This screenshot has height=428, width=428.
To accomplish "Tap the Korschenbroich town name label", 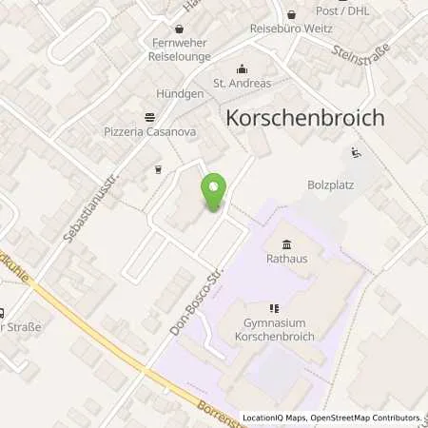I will click(305, 118).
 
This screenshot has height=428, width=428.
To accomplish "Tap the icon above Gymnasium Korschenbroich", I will click(274, 308).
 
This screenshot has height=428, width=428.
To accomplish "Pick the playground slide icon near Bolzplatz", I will click(356, 152).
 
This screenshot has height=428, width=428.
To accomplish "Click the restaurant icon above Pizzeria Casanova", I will click(150, 117).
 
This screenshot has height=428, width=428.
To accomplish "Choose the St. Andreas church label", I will click(242, 83).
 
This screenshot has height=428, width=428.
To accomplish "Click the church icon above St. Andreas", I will click(242, 68).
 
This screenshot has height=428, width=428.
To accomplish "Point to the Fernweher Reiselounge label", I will click(180, 49).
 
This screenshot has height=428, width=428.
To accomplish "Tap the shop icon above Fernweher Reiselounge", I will click(180, 29).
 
